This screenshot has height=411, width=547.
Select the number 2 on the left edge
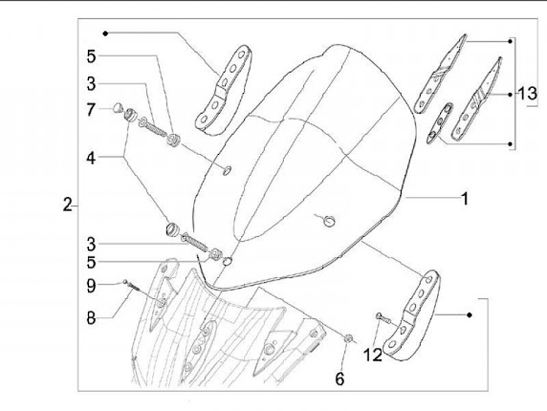pyautogui.click(x=68, y=204)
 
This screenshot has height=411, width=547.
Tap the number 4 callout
pyautogui.click(x=91, y=159)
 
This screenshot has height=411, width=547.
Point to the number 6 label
pyautogui.click(x=340, y=378)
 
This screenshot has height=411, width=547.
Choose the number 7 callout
pyautogui.click(x=91, y=109)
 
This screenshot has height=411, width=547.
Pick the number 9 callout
pyautogui.click(x=91, y=286)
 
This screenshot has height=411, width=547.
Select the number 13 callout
pyautogui.click(x=527, y=94)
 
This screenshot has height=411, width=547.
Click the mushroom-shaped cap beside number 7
pyautogui.click(x=118, y=108)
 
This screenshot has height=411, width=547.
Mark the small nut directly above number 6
pyautogui.click(x=347, y=337)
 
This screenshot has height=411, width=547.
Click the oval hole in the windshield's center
pyautogui.click(x=328, y=220)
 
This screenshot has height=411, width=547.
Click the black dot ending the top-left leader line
pyautogui.click(x=106, y=33)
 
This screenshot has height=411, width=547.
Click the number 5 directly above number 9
pyautogui.click(x=91, y=264)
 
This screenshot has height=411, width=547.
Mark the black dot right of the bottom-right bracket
pyautogui.click(x=471, y=313)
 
